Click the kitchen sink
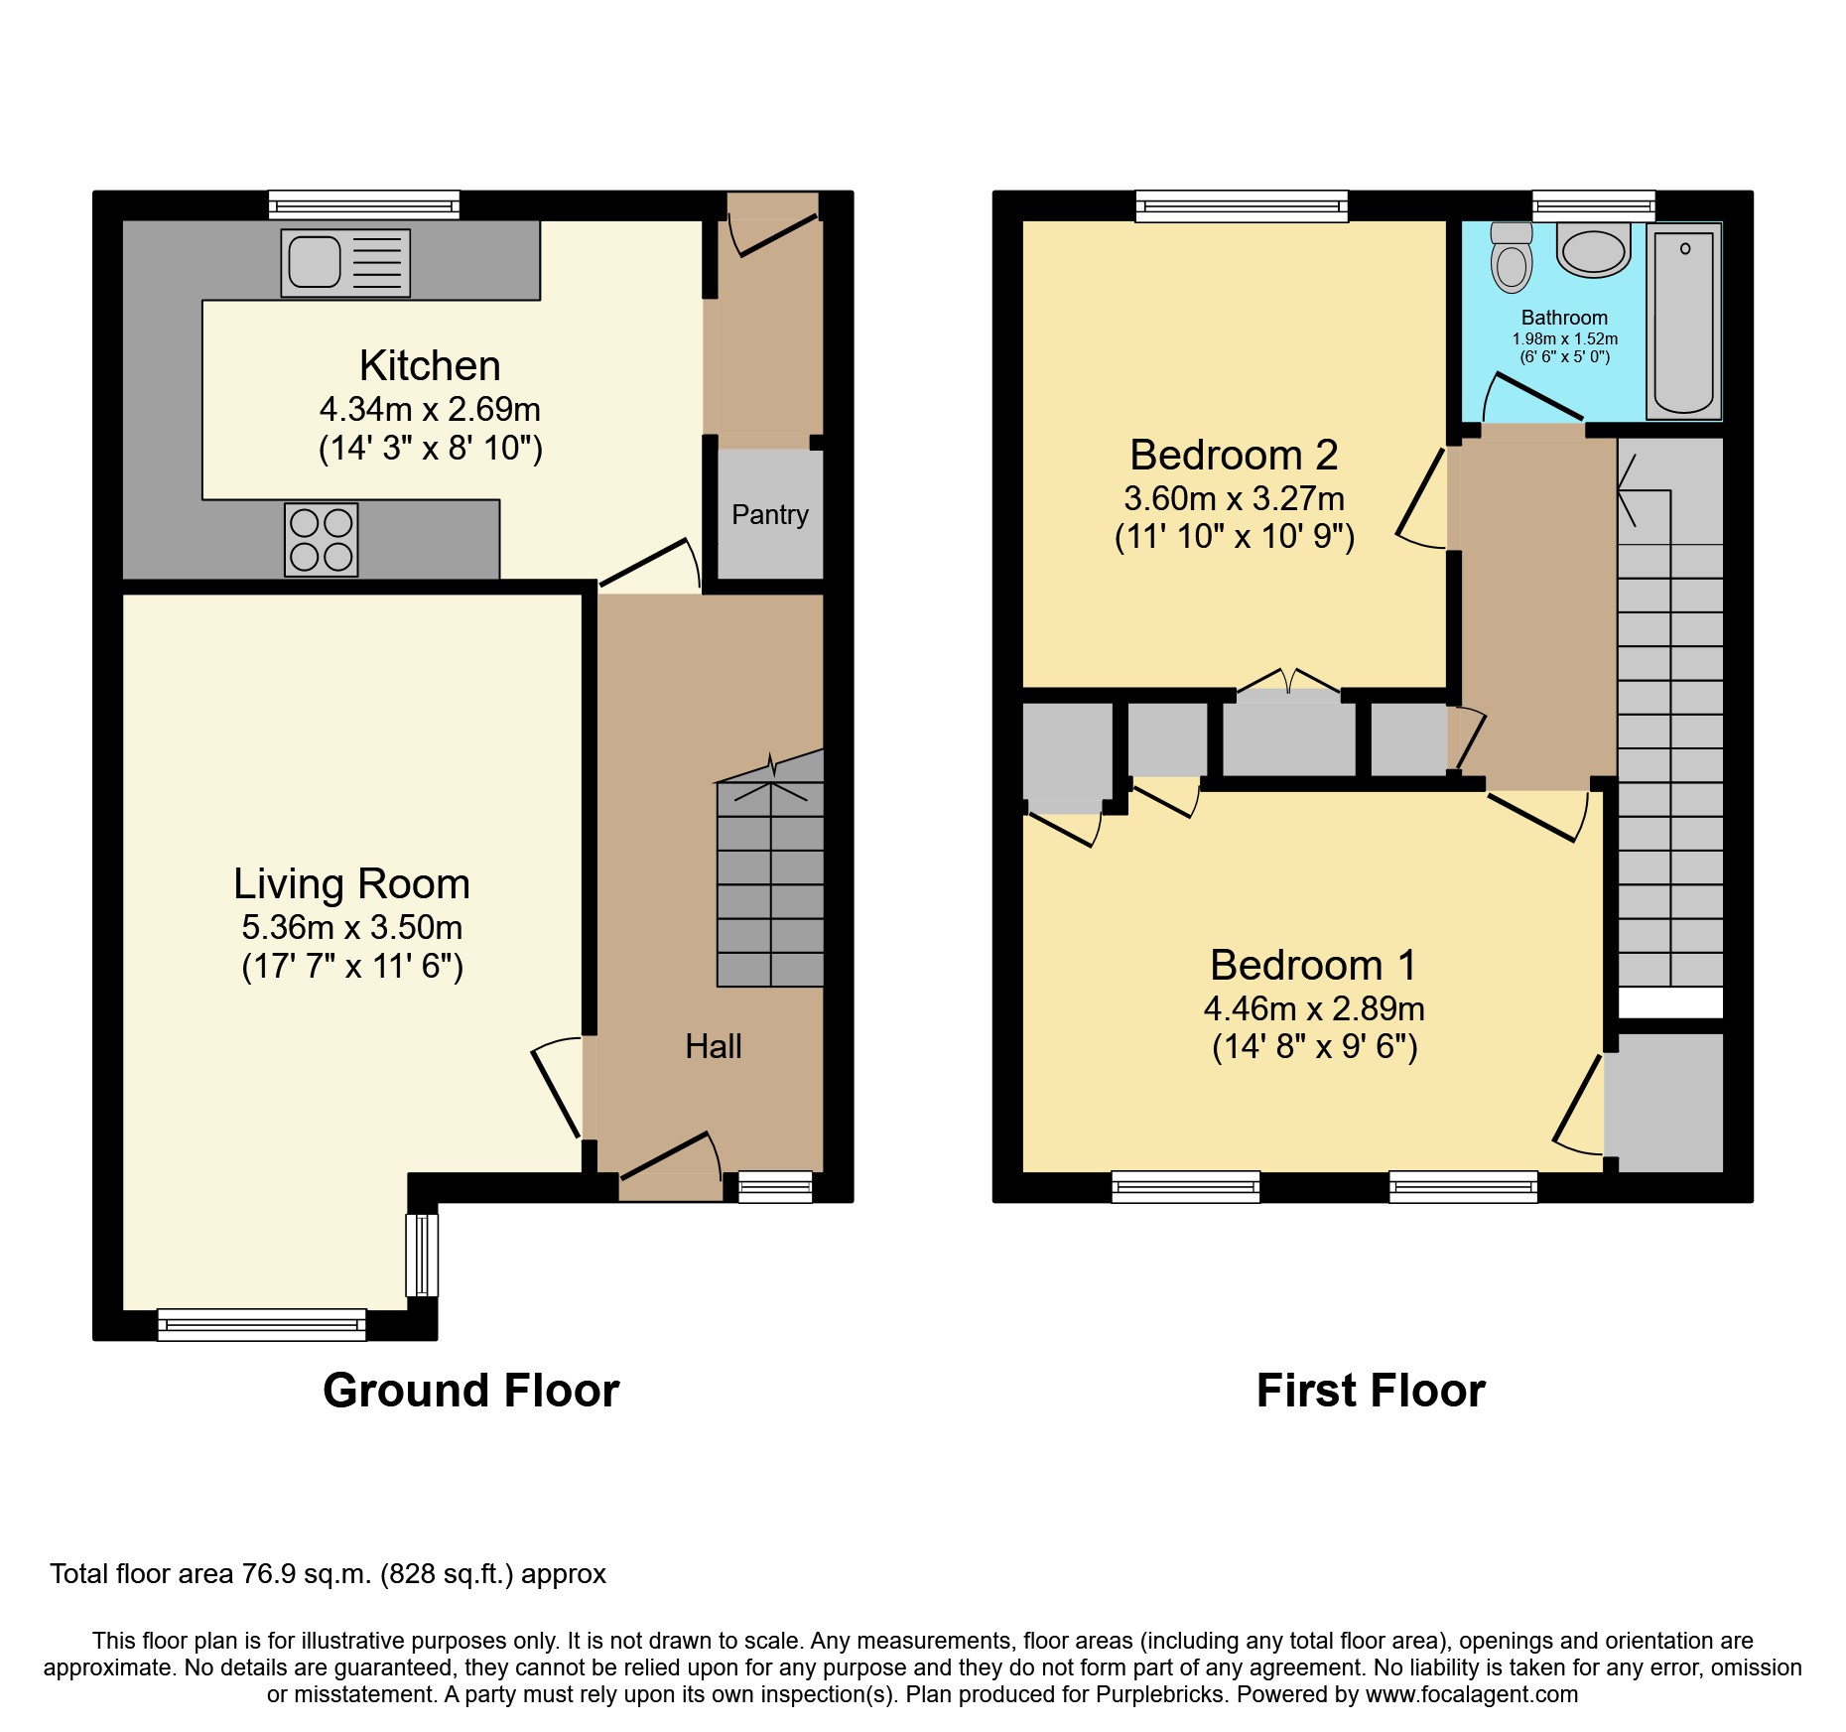click(x=344, y=263)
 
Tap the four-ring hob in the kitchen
click(x=321, y=540)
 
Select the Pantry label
click(x=769, y=514)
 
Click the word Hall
click(x=713, y=1046)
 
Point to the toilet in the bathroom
click(x=1511, y=259)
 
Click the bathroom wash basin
click(x=1593, y=250)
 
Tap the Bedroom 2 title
click(x=1234, y=455)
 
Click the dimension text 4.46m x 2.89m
click(x=1314, y=1008)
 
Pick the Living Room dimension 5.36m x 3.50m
click(x=351, y=927)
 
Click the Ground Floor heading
click(x=470, y=1390)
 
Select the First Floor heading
click(x=1371, y=1390)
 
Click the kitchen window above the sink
click(x=363, y=205)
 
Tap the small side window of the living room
click(x=422, y=1255)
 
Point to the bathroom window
click(x=1593, y=205)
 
